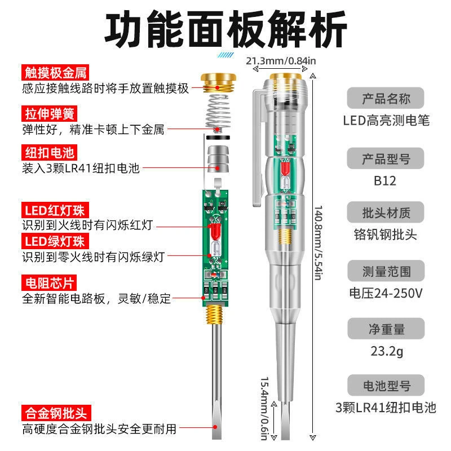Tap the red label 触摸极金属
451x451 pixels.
(56, 72)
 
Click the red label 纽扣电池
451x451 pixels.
(48, 152)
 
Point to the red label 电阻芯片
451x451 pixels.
(48, 282)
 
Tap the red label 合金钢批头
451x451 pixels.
(56, 413)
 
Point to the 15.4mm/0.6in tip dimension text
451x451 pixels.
(265, 404)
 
